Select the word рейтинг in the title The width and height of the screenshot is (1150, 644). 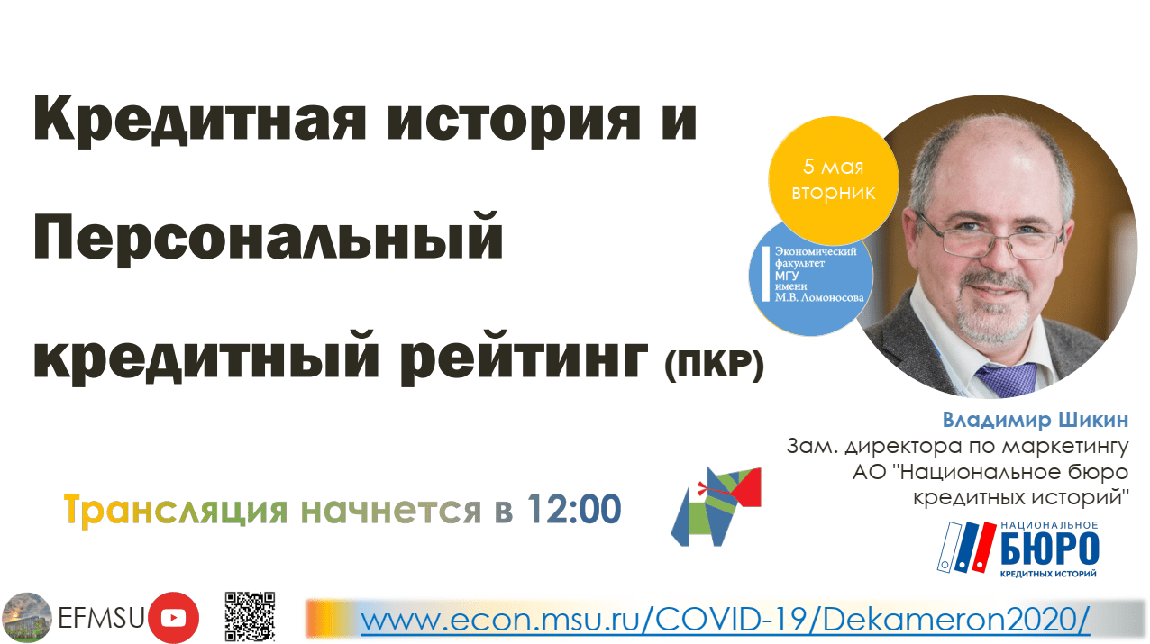click(x=525, y=358)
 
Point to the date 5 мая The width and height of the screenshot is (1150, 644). click(x=834, y=167)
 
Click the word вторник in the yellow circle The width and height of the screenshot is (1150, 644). click(x=834, y=193)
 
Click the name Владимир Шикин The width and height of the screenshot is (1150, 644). click(x=1035, y=421)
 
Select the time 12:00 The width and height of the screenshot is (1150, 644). click(x=574, y=510)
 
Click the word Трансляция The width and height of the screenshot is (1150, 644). click(x=175, y=510)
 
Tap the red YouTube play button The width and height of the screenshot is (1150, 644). click(x=174, y=617)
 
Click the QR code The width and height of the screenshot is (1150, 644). click(x=250, y=616)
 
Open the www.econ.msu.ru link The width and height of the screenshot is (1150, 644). click(x=725, y=620)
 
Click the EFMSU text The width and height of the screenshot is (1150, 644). click(x=101, y=618)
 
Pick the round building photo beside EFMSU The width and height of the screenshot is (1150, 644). click(x=27, y=617)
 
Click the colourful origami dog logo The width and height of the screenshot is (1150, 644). click(x=716, y=506)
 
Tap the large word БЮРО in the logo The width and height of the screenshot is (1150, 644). click(x=1049, y=549)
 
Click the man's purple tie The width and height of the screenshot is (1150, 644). click(x=1006, y=379)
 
